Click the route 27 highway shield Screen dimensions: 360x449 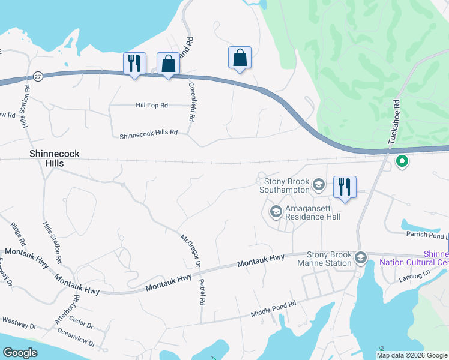(x=38, y=77)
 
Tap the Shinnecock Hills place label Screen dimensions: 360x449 (x=54, y=158)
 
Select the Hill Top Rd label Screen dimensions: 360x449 (x=152, y=105)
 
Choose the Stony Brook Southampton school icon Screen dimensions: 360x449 (x=318, y=184)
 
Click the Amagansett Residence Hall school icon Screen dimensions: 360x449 (x=276, y=211)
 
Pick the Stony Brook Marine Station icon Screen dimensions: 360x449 (x=361, y=258)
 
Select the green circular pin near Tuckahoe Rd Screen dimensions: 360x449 (x=402, y=161)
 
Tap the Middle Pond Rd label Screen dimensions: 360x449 (x=274, y=310)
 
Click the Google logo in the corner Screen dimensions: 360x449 (x=20, y=353)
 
